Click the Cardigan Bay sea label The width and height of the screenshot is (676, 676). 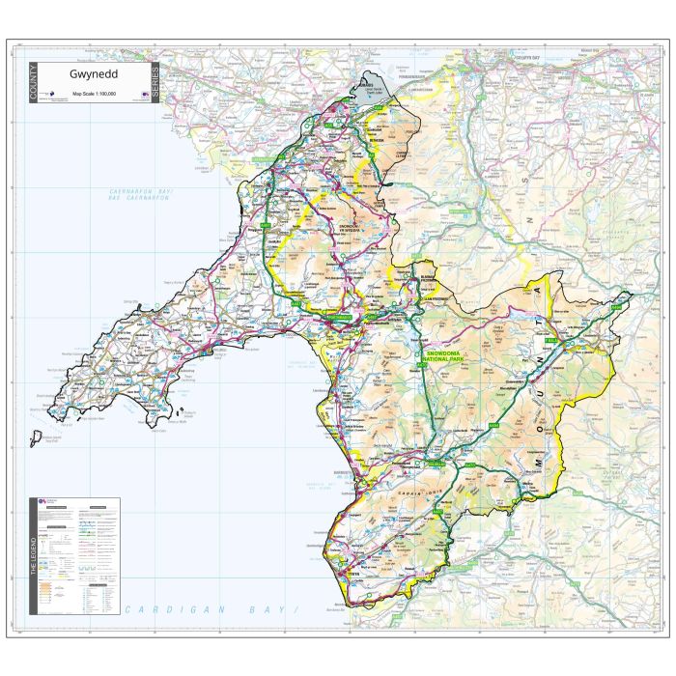click(212, 610)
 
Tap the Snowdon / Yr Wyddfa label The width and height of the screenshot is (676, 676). click(353, 231)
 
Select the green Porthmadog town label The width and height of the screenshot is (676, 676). click(341, 318)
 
